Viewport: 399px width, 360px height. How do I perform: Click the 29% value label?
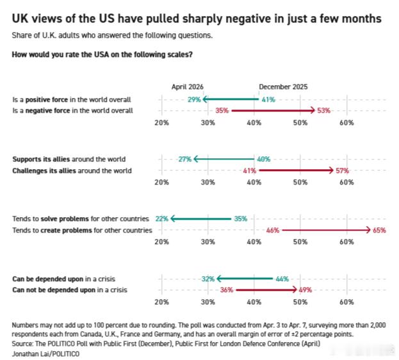[x=194, y=100]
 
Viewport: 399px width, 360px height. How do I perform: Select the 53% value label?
[x=323, y=110]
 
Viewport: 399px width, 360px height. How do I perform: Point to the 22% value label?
[x=161, y=219]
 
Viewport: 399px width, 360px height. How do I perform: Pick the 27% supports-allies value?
[x=185, y=159]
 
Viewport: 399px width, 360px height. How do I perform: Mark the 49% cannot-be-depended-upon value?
[x=305, y=290]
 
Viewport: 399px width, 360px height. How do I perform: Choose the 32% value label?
[x=208, y=279]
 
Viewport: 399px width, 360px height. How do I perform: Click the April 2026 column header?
[x=187, y=86]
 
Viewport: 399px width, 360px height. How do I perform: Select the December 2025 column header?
[x=283, y=86]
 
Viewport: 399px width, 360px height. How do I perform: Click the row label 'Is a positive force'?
[x=72, y=100]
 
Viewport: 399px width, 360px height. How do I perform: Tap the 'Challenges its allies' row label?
[x=72, y=170]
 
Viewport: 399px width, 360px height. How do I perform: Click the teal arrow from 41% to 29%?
[x=231, y=100]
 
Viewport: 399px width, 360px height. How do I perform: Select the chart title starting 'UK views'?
[x=197, y=19]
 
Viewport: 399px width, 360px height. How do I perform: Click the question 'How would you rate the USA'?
[x=102, y=54]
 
